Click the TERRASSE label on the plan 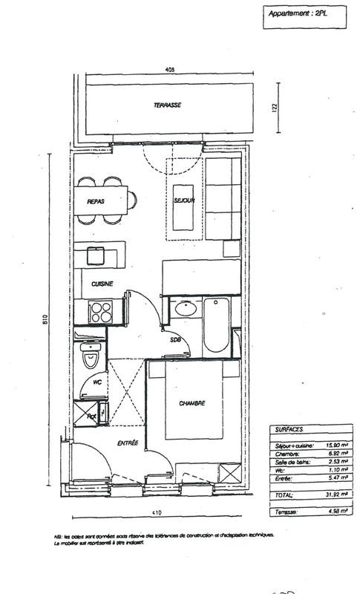click(x=167, y=105)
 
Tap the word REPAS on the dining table click(x=95, y=201)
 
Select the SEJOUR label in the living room click(x=183, y=200)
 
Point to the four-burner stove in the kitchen click(x=99, y=310)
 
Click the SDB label click(x=176, y=342)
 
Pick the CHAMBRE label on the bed click(x=192, y=404)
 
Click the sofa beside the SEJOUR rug click(x=221, y=199)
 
